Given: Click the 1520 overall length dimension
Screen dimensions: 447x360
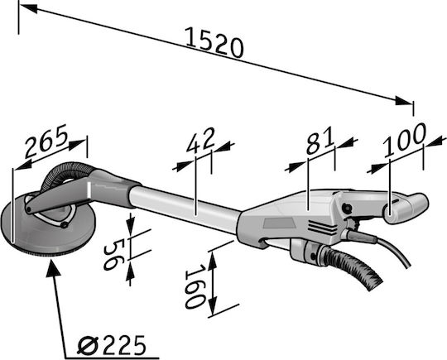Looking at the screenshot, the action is [x=214, y=43].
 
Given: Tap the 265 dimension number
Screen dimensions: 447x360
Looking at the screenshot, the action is [x=46, y=141].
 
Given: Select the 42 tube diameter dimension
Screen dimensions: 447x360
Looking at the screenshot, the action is [x=200, y=140].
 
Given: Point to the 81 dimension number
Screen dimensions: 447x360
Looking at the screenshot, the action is [x=320, y=141].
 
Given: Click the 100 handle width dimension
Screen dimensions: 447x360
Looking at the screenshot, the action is [x=405, y=140].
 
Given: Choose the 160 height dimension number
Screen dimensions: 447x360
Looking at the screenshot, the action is [x=195, y=286].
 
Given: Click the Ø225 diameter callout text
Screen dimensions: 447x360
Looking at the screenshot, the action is [x=112, y=345].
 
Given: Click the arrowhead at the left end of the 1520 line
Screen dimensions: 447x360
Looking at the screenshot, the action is [x=28, y=8].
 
